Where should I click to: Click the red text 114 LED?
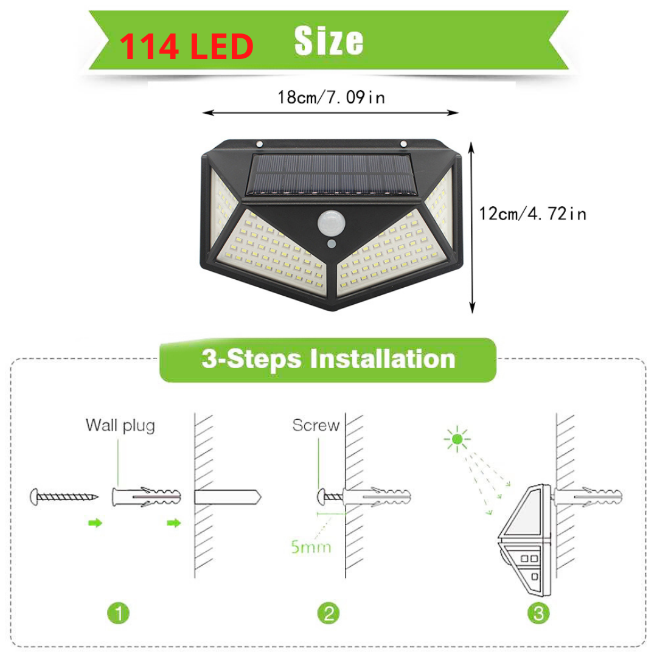187,46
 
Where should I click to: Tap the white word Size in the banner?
328,41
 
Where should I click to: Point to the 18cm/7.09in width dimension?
331,97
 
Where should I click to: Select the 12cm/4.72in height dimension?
532,214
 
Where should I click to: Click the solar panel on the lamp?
332,175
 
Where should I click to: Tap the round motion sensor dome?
332,223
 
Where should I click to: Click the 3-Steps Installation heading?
328,360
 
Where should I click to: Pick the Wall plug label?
120,426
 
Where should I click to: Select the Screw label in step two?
316,425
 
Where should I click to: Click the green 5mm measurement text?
311,547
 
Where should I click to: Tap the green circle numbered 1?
119,613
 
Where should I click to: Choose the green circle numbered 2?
328,613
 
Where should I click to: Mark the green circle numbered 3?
538,613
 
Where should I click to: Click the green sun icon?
457,439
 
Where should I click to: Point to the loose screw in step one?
64,497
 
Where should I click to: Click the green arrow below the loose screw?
95,523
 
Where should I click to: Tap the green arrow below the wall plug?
173,523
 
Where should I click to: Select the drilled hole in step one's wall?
228,498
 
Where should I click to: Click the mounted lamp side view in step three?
524,540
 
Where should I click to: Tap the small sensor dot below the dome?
332,243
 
